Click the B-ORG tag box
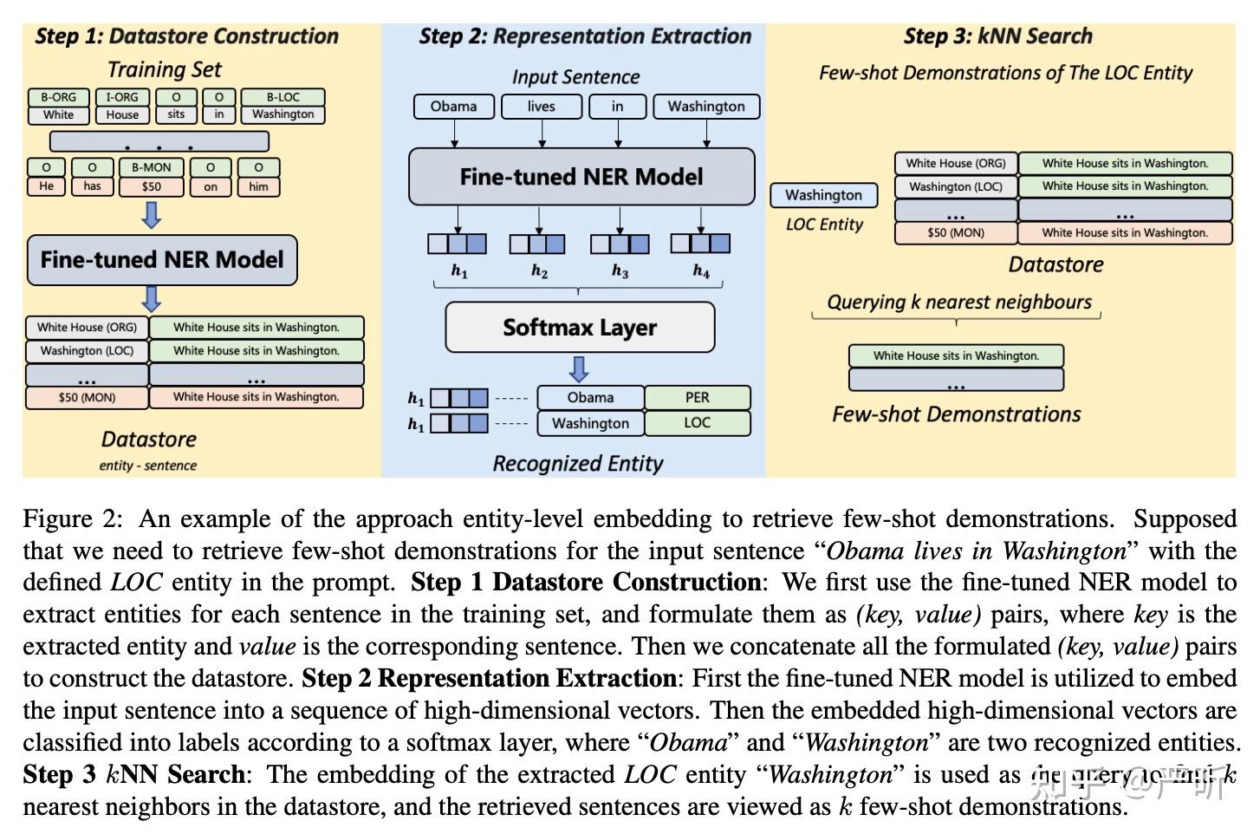pos(58,97)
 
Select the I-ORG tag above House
pos(122,97)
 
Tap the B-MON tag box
pos(151,167)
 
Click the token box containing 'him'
pos(258,186)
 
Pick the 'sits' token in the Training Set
pos(176,114)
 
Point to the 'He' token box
pos(47,186)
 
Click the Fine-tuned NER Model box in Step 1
pos(162,260)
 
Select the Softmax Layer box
pos(580,327)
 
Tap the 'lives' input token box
pos(541,107)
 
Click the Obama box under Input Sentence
pos(453,107)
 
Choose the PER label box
pos(697,397)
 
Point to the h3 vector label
pos(620,271)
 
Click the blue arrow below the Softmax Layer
pos(579,369)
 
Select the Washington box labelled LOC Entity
pos(823,195)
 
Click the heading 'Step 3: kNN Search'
pos(997,36)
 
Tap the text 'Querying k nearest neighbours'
pos(958,302)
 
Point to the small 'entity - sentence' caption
pos(147,466)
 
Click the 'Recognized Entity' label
pos(578,464)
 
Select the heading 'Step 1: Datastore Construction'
pos(186,36)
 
